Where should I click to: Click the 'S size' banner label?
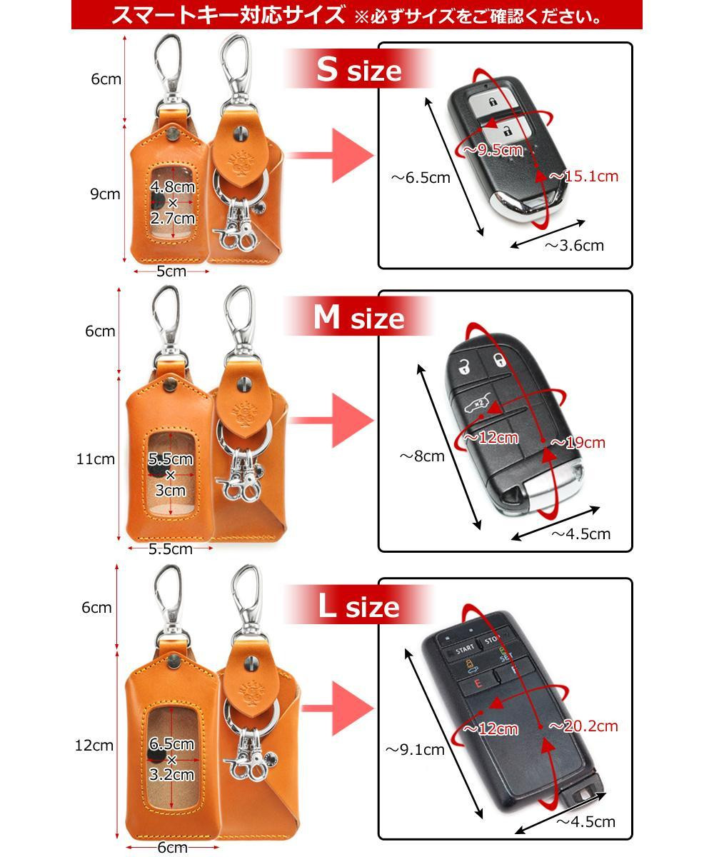pyautogui.click(x=359, y=69)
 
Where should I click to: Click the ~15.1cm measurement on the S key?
pyautogui.click(x=584, y=176)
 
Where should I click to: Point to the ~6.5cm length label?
pyautogui.click(x=421, y=178)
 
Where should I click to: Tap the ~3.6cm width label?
pyautogui.click(x=574, y=246)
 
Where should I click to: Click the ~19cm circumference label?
pyautogui.click(x=578, y=442)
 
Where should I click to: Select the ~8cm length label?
pyautogui.click(x=422, y=456)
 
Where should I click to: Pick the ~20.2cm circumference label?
pyautogui.click(x=583, y=726)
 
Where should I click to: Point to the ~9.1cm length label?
pyautogui.click(x=415, y=750)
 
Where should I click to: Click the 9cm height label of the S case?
pyautogui.click(x=106, y=194)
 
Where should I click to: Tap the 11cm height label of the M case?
pyautogui.click(x=96, y=458)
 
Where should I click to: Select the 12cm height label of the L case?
pyautogui.click(x=94, y=746)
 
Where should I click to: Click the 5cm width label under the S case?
pyautogui.click(x=171, y=271)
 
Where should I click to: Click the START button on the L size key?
pyautogui.click(x=465, y=650)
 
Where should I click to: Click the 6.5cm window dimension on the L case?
pyautogui.click(x=171, y=743)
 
